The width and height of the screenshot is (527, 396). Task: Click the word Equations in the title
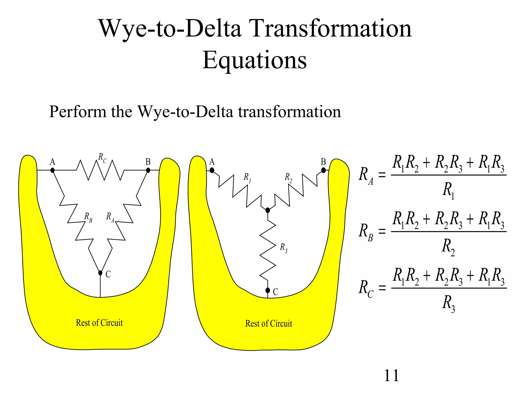[x=254, y=60]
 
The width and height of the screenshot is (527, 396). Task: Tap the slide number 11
[x=391, y=375]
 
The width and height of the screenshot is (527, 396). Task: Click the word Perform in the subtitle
[x=77, y=112]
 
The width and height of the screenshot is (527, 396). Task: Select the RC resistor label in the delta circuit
[x=102, y=158]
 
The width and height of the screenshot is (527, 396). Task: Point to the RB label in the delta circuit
[x=88, y=217]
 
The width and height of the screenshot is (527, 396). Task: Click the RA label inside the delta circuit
[x=110, y=217]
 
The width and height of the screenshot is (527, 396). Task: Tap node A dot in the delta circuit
[x=52, y=170]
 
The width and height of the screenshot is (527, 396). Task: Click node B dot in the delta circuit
[x=148, y=170]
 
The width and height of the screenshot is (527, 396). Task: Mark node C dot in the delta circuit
[x=100, y=273]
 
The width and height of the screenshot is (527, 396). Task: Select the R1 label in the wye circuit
[x=247, y=178]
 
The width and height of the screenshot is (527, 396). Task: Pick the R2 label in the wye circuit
[x=288, y=178]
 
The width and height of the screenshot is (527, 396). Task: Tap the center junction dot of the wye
[x=268, y=210]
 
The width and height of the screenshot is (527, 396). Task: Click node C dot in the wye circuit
[x=268, y=291]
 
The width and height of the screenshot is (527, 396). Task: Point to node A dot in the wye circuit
[x=212, y=170]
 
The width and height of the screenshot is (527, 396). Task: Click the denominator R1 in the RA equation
[x=448, y=191]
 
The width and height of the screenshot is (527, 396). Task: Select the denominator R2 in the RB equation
[x=448, y=247]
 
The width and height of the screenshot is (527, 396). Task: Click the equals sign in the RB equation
[x=382, y=231]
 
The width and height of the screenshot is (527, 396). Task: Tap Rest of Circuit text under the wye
[x=269, y=324]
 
